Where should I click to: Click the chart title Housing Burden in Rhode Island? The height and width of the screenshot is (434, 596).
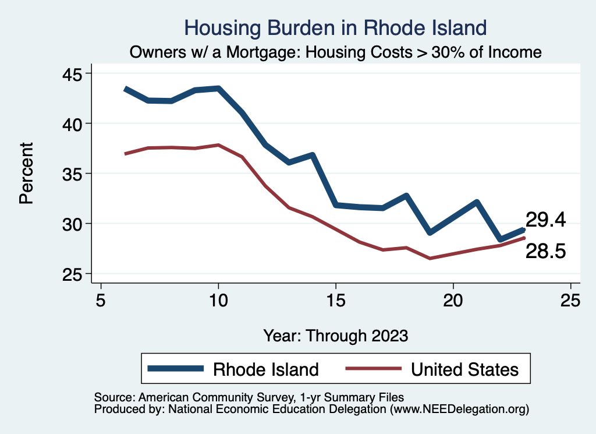(x=335, y=27)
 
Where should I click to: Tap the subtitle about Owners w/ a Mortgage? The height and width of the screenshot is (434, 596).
(x=336, y=52)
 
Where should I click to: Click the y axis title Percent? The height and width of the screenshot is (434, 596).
(x=26, y=174)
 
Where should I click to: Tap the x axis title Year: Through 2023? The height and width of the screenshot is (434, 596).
(x=336, y=336)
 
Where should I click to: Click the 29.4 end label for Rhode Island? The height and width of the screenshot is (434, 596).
(x=545, y=220)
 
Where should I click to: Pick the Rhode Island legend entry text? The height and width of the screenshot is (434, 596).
(x=266, y=369)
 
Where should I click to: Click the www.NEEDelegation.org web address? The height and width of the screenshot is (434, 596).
(x=459, y=409)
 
